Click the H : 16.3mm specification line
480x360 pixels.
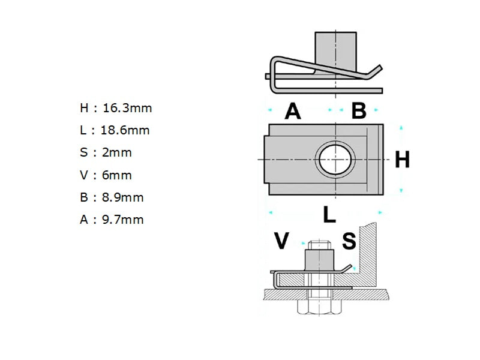point(116,109)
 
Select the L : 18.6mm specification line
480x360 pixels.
point(115,130)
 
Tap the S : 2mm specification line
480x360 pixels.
point(106,152)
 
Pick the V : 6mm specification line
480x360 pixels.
point(106,175)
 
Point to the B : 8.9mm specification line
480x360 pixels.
point(112,197)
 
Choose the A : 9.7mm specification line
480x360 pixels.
point(112,220)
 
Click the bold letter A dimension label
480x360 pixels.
point(292,111)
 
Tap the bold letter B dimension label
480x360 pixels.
point(358,111)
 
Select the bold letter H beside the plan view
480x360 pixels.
point(402,160)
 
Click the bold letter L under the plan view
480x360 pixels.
point(329,214)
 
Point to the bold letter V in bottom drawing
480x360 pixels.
point(281,241)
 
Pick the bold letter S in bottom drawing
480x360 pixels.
point(349,241)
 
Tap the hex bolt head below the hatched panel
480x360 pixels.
point(320,307)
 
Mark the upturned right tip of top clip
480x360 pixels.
point(378,69)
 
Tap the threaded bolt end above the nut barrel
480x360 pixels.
point(320,245)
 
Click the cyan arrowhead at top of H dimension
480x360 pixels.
point(401,128)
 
